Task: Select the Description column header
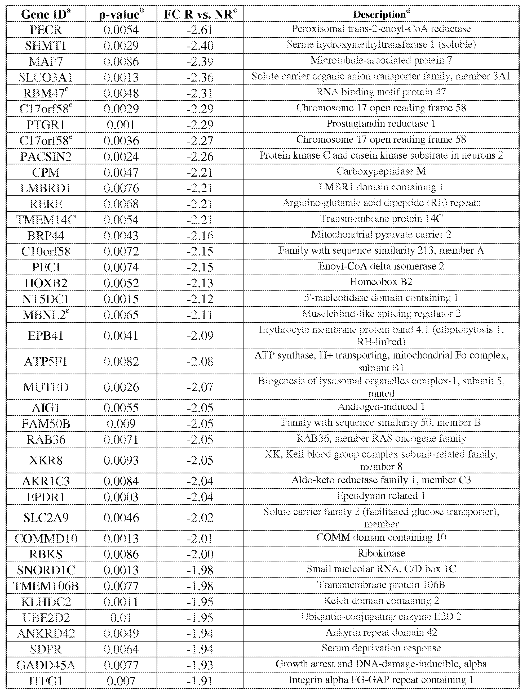click(381, 14)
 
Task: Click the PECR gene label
click(46, 30)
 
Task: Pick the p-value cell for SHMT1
click(121, 46)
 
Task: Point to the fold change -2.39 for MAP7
click(200, 61)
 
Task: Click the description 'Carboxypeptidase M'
click(381, 171)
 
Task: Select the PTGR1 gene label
click(46, 125)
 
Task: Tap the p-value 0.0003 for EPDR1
click(121, 497)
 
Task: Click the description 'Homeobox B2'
click(381, 282)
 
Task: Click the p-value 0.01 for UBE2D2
click(121, 618)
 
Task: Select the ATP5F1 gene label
click(46, 361)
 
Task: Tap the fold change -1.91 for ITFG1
click(200, 681)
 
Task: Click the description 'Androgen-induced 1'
click(381, 407)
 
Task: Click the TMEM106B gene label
click(46, 586)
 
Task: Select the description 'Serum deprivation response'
click(381, 648)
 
